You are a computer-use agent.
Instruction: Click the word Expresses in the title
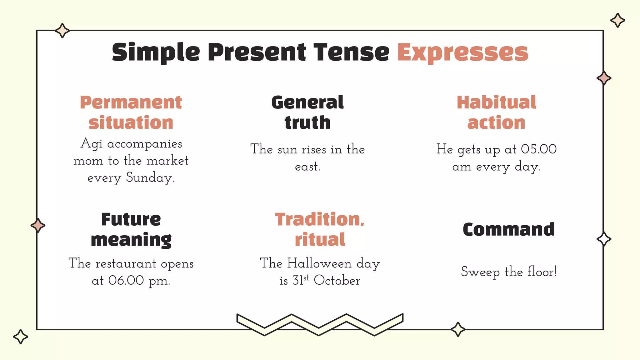click(x=462, y=52)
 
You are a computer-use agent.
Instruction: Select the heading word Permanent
click(x=131, y=102)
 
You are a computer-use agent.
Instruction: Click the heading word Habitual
click(x=496, y=102)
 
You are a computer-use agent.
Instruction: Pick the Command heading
click(x=508, y=229)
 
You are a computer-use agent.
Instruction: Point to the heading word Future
click(x=131, y=219)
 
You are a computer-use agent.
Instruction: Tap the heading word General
click(x=307, y=102)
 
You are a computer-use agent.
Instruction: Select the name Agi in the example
click(x=91, y=144)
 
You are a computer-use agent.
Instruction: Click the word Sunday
click(x=150, y=178)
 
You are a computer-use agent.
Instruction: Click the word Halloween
click(x=319, y=263)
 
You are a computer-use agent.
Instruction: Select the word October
click(x=337, y=280)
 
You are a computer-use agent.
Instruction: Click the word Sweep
click(x=480, y=272)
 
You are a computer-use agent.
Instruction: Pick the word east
click(x=307, y=167)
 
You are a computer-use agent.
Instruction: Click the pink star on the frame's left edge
click(x=38, y=225)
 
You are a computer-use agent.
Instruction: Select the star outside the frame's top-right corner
click(x=617, y=20)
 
